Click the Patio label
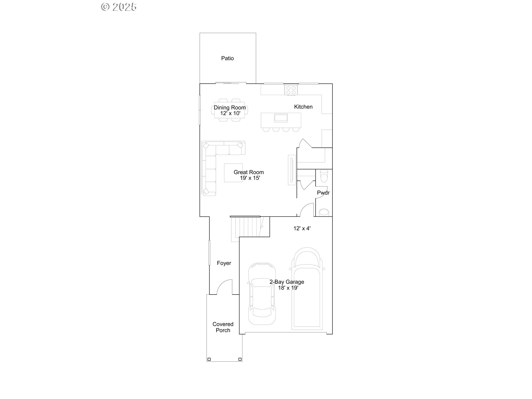coord(227,58)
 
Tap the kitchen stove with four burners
coord(291,90)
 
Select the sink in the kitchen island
coord(281,118)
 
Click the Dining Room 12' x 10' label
coord(230,110)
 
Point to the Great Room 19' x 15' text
coord(249,175)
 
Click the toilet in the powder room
coord(324,176)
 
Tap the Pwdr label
coord(323,193)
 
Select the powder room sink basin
coord(324,213)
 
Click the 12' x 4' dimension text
coord(302,228)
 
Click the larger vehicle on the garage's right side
coord(307,288)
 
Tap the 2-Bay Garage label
coord(287,282)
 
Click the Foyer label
coord(224,263)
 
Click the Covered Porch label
coord(223,327)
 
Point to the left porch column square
coord(209,359)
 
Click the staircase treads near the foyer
coord(245,227)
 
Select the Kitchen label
coord(303,107)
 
